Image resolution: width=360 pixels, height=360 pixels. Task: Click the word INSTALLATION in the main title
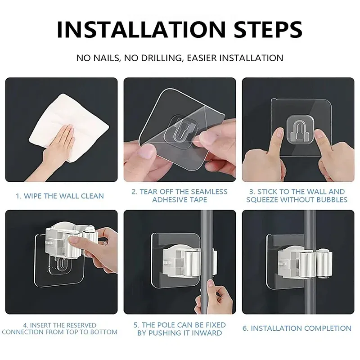(141, 29)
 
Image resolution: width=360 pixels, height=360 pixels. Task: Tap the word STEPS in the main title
(268, 29)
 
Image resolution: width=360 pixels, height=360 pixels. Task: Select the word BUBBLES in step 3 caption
(332, 199)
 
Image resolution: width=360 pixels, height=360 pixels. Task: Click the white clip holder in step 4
(71, 241)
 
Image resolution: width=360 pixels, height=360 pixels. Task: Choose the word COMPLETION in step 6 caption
(328, 328)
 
